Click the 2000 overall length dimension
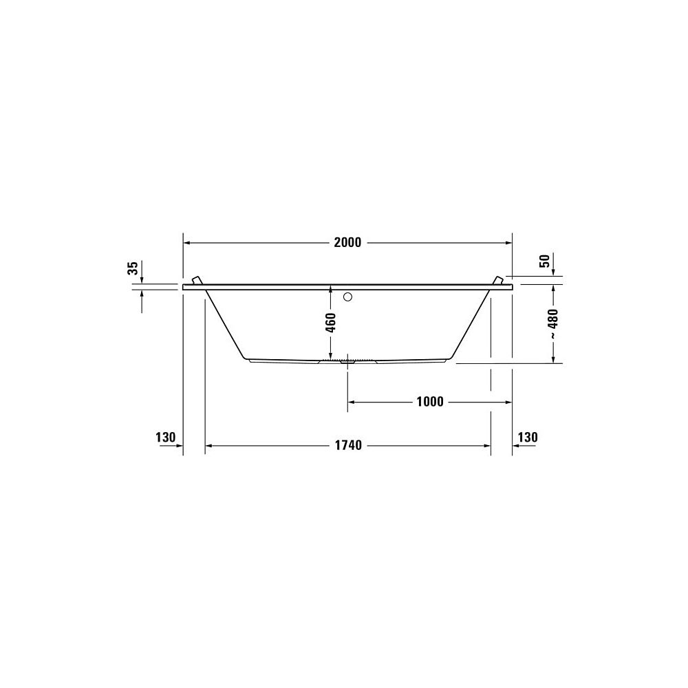click(x=347, y=243)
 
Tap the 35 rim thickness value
click(x=133, y=268)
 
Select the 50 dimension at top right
click(x=544, y=261)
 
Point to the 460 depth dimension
click(x=332, y=322)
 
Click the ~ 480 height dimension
click(x=553, y=323)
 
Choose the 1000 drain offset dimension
click(x=430, y=402)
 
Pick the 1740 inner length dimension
click(x=348, y=445)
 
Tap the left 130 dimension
click(x=165, y=437)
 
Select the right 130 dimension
click(x=528, y=437)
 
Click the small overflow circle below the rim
click(x=348, y=297)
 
